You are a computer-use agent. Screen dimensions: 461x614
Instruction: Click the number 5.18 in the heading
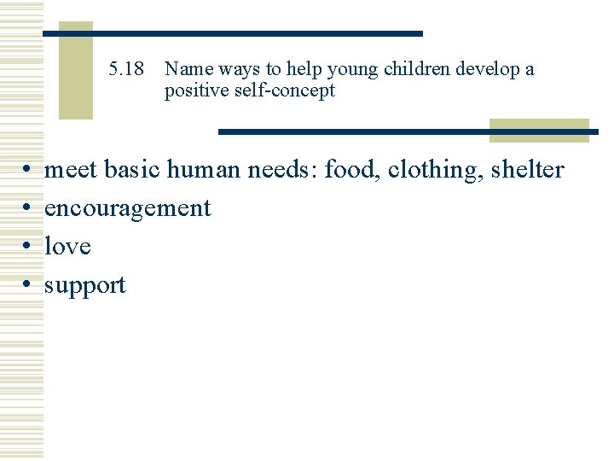point(128,69)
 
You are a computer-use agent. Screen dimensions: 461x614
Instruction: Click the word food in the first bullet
point(351,170)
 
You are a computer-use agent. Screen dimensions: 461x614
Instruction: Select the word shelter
point(527,170)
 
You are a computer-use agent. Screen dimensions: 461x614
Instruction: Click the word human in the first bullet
point(203,170)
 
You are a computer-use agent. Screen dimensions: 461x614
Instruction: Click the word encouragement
point(127,208)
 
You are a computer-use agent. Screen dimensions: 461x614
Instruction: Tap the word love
point(67,247)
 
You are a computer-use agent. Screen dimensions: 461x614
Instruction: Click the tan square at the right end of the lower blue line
point(538,131)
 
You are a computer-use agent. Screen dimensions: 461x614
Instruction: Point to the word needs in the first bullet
point(282,170)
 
